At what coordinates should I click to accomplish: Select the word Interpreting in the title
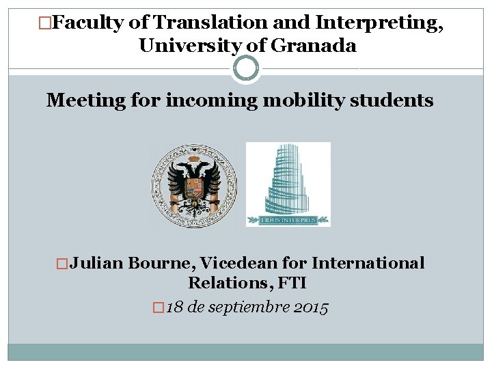(379, 23)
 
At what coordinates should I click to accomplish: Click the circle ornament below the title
(246, 68)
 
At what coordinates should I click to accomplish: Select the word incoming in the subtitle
(212, 101)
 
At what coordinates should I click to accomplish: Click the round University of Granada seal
(194, 186)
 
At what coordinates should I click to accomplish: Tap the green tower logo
(288, 179)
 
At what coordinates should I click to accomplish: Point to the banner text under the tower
(288, 220)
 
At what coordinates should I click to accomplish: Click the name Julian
(96, 264)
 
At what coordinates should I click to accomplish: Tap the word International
(368, 264)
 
